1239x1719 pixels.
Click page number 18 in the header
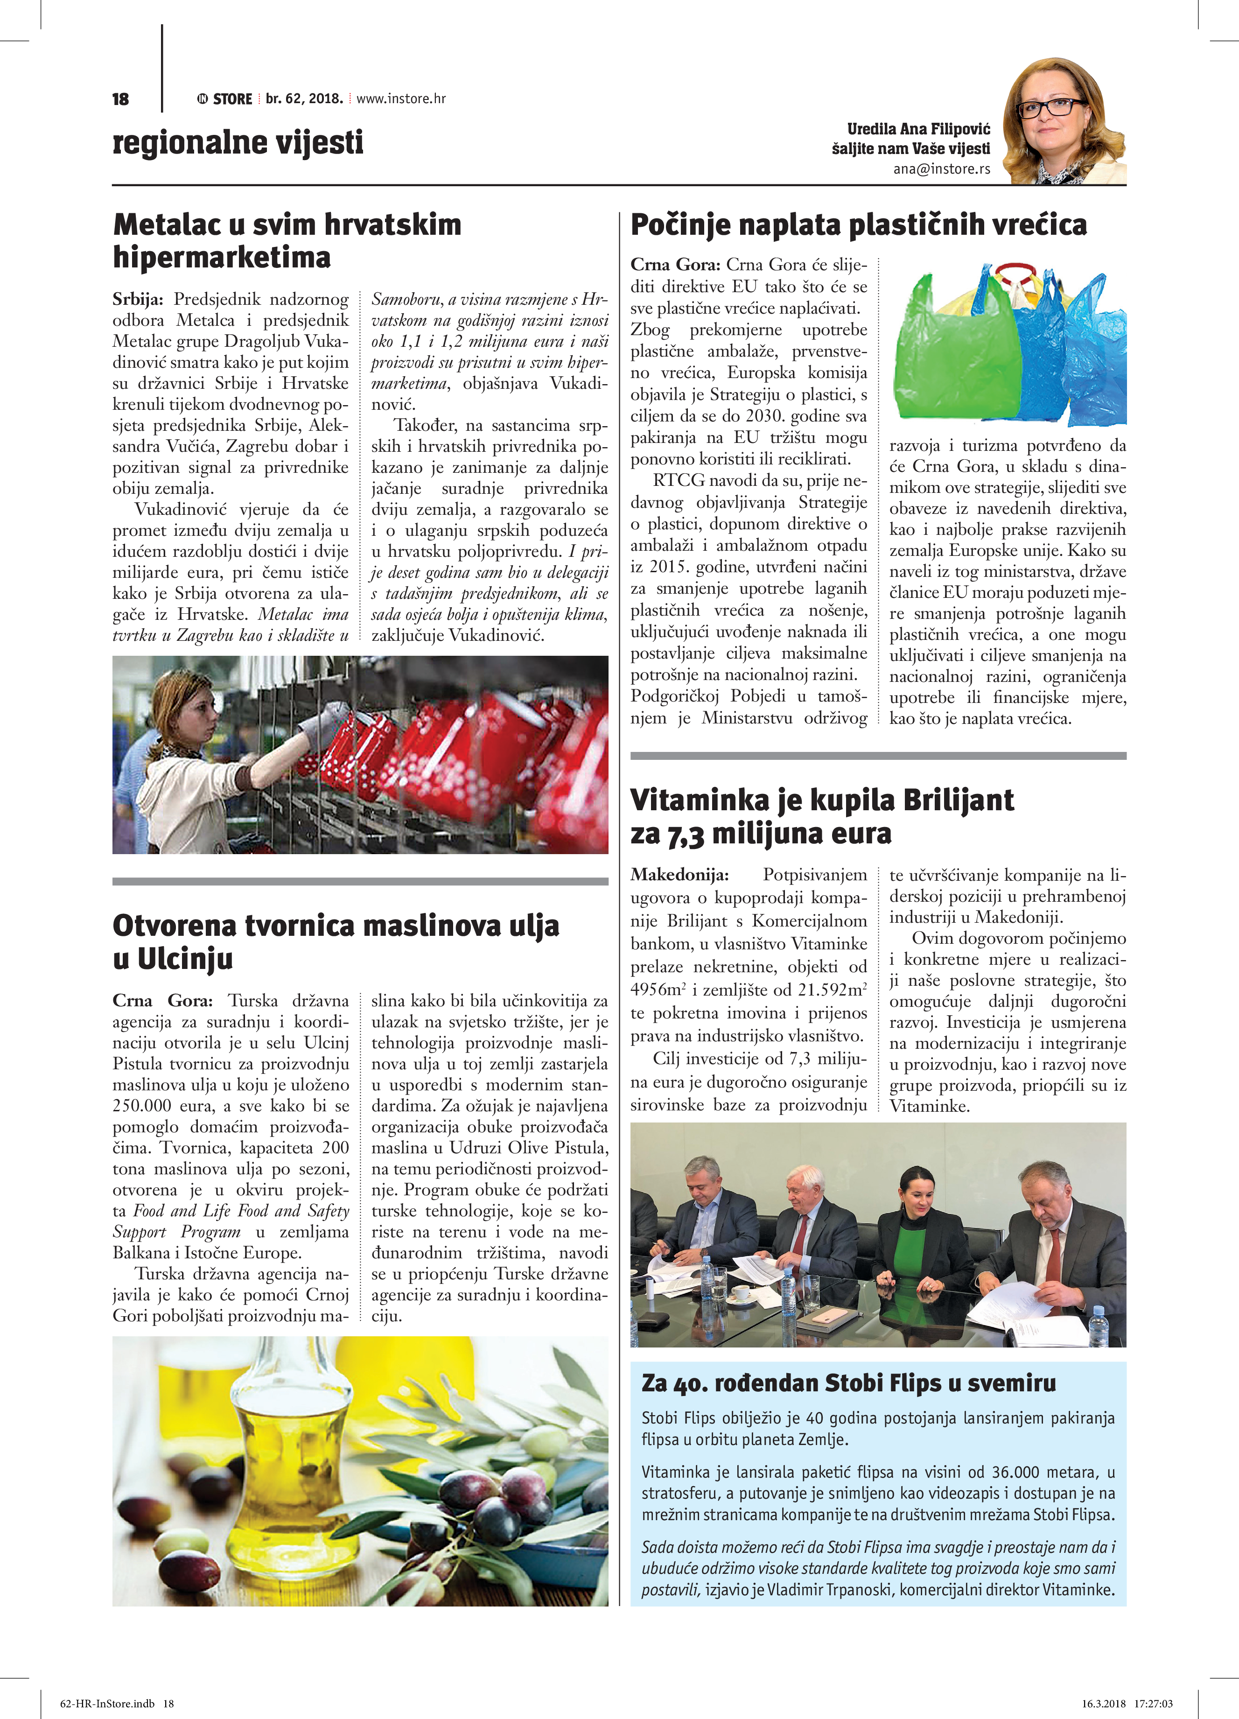[120, 99]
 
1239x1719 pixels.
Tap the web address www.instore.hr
[401, 98]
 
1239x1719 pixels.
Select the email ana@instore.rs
[941, 169]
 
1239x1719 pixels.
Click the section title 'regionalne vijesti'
[238, 142]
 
